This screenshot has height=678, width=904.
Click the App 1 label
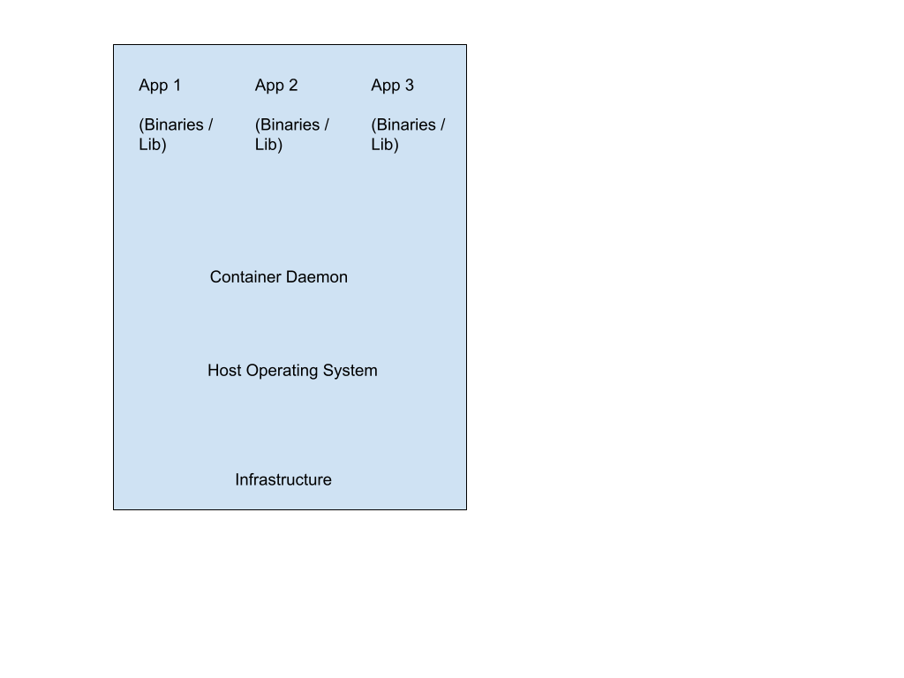(160, 86)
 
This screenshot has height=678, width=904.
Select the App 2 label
(276, 86)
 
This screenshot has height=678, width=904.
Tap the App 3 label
(393, 86)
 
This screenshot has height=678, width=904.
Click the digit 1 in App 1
(177, 85)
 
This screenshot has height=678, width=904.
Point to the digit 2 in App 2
(293, 85)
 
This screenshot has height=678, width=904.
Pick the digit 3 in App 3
(410, 85)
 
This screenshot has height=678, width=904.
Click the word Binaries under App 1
(172, 125)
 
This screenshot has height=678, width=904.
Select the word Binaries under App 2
(289, 125)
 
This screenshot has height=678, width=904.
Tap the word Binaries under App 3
(404, 125)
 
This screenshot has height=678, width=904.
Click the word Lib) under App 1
(153, 145)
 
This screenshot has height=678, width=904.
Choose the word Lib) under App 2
(268, 145)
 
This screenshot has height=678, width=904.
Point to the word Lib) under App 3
(385, 145)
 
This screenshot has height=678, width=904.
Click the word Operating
(282, 372)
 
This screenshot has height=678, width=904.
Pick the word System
(350, 372)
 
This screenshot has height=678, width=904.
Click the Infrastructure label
(283, 479)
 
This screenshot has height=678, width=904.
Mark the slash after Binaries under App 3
(443, 124)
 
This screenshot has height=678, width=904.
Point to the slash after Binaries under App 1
(210, 124)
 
